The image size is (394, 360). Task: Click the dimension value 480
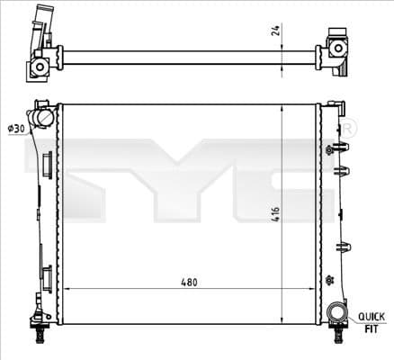coord(187,282)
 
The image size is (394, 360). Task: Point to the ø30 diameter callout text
coord(15,130)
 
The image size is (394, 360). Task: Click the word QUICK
coord(372,316)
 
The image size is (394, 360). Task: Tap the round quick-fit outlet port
coord(336,312)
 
